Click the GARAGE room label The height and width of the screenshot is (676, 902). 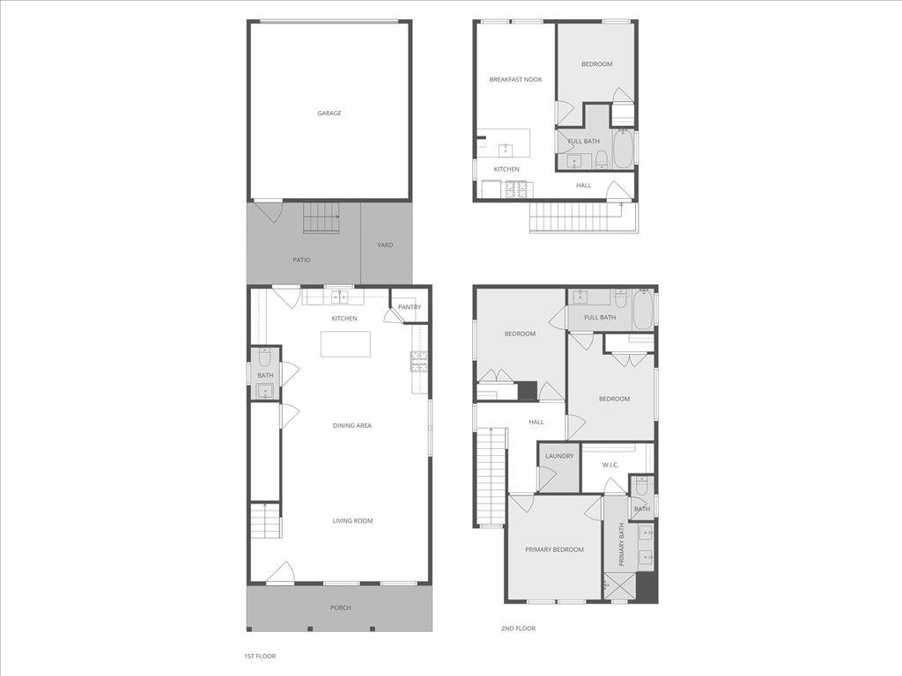pos(329,113)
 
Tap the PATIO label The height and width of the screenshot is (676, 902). pos(301,260)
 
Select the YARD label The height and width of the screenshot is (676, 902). pos(385,245)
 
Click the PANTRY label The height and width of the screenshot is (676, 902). pos(409,307)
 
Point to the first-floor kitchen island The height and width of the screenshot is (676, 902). pos(344,343)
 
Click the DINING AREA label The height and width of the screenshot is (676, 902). pos(351,426)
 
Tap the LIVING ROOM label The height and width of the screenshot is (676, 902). pos(352,521)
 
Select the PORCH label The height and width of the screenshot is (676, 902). pos(340,608)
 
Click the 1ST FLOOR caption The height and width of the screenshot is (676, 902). pos(260,656)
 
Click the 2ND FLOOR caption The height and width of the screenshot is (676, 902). pos(518,628)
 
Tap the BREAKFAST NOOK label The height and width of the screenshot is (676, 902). pos(515,79)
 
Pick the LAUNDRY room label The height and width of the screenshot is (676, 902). pos(558,456)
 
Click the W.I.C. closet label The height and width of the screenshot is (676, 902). pos(610,465)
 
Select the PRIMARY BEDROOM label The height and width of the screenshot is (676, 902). pos(554,549)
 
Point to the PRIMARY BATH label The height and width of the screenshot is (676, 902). pos(621,544)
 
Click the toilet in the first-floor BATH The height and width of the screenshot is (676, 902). pos(264,358)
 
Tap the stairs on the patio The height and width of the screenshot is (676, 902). pos(322,217)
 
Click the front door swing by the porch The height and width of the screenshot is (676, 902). pos(281,572)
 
